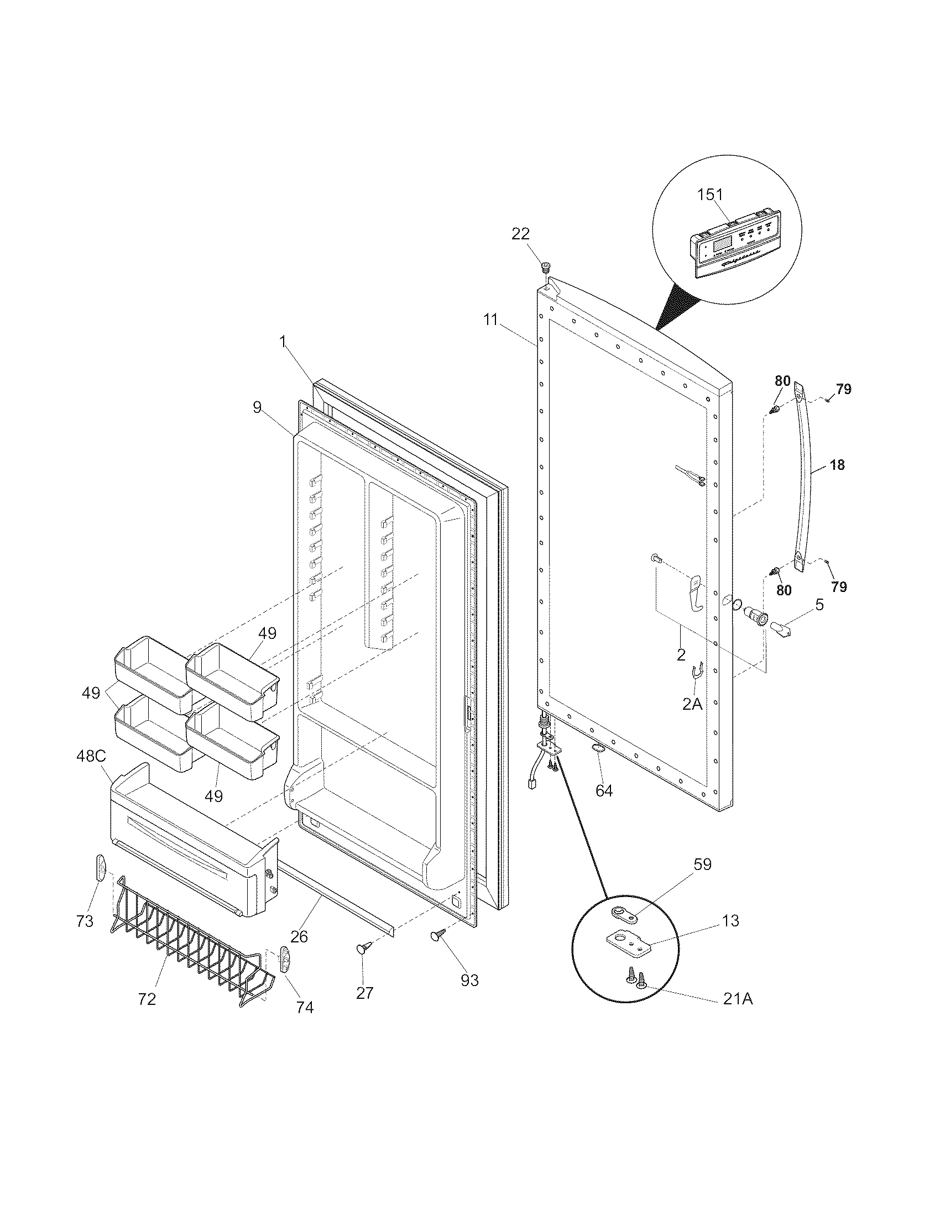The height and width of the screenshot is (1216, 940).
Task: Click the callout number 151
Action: (x=710, y=195)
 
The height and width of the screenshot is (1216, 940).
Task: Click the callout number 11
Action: (x=490, y=319)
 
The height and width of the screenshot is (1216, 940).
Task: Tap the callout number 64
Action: (x=604, y=790)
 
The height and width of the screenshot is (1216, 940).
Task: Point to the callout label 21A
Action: (x=738, y=999)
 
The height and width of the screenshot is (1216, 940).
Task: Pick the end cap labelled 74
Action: (x=286, y=958)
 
